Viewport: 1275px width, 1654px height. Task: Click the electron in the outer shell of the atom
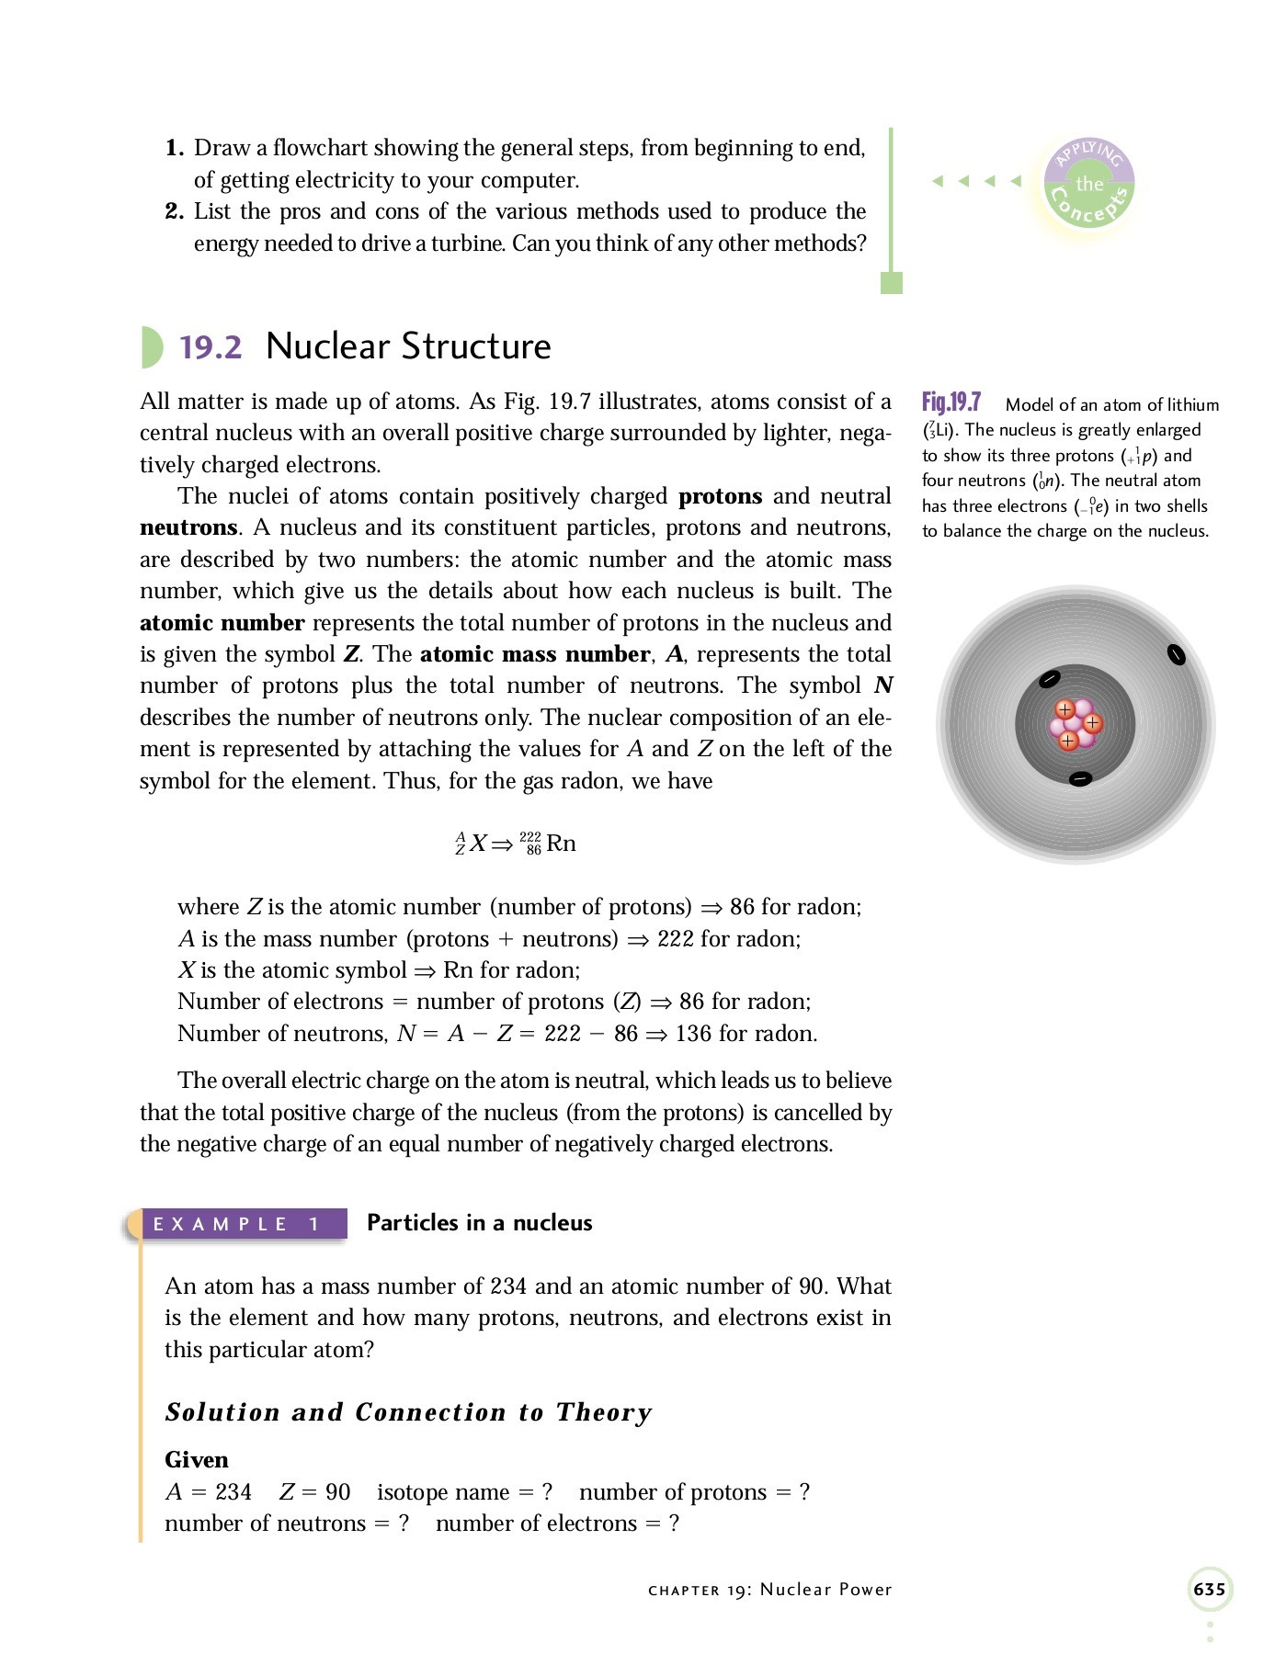(1175, 654)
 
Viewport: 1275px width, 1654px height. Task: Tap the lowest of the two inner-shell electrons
(1080, 779)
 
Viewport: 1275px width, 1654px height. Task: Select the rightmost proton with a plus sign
(1092, 723)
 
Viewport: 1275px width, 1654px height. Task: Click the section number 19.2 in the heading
(211, 347)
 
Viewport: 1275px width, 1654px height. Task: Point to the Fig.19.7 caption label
(951, 402)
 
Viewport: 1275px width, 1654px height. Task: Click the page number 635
(1209, 1589)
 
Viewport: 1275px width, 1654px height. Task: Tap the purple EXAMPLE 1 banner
(236, 1224)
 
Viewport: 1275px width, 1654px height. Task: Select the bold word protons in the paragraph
(720, 496)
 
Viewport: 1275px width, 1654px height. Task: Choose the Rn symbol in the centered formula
(561, 844)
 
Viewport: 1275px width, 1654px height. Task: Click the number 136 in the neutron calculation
(693, 1034)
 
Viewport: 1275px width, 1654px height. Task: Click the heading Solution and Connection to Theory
(408, 1412)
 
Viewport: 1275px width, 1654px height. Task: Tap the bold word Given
(196, 1459)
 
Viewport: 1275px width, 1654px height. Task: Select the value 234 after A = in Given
(233, 1491)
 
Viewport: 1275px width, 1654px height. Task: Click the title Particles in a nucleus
(479, 1223)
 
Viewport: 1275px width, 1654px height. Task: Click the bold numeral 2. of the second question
(175, 211)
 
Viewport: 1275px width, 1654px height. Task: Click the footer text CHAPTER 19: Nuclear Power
(769, 1590)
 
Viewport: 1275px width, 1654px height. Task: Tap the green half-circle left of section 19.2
(151, 347)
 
